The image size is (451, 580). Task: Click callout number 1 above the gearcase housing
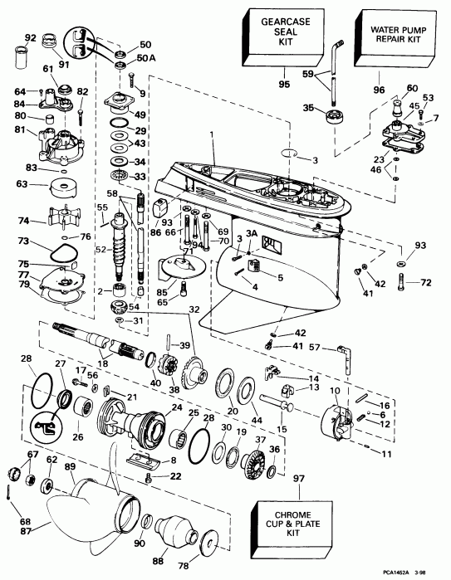(x=211, y=134)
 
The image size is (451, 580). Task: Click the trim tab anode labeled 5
(x=266, y=269)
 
